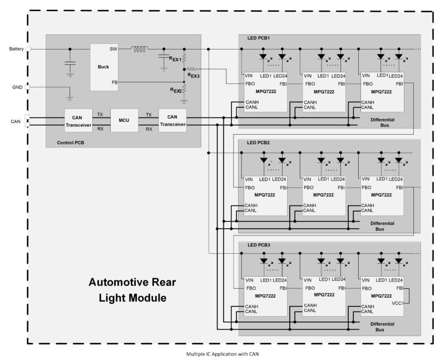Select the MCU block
124,120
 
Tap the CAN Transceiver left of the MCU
78,121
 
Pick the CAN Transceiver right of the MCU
172,121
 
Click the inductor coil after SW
140,49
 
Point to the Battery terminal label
16,49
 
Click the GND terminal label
17,87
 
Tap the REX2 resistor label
176,90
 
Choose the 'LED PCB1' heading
259,38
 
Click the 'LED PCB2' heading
259,143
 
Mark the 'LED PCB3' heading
259,245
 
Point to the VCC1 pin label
397,303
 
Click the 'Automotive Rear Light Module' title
132,290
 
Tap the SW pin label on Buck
113,49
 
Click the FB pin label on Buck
115,82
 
